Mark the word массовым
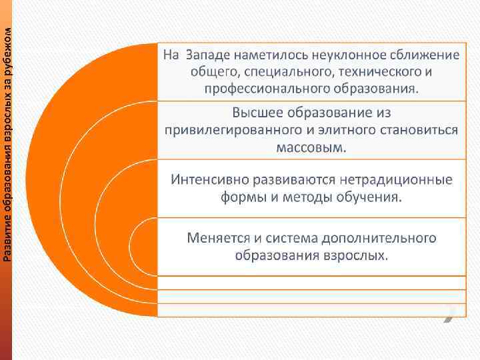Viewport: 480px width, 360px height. click(311, 147)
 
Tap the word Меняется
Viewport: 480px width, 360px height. click(216, 238)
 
